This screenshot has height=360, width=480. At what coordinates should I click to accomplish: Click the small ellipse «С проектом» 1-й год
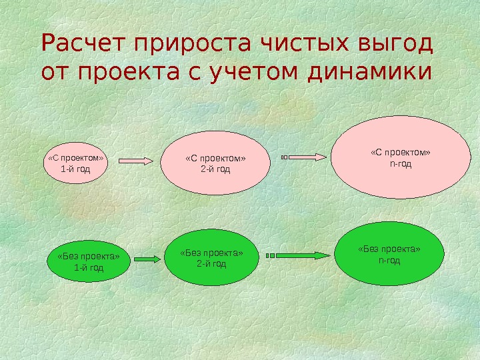coord(75,163)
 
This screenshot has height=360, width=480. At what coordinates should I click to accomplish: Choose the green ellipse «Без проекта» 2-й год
coord(211,258)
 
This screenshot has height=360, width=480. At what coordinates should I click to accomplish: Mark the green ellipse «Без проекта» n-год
coord(389,254)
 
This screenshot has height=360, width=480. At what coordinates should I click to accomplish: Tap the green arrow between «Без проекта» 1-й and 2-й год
coord(148,258)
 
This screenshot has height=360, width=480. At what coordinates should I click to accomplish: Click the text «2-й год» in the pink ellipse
coord(215,169)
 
